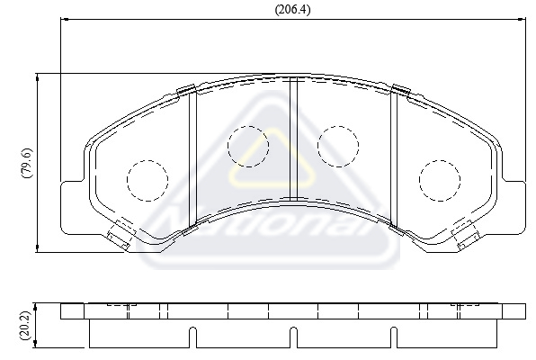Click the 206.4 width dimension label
[x=293, y=10]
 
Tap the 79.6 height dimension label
[x=27, y=163]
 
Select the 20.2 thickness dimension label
[x=26, y=326]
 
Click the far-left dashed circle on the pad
[x=147, y=180]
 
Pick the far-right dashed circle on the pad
[x=440, y=180]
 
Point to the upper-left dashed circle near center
[x=248, y=147]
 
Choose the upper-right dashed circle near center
[x=338, y=147]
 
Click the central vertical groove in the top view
[x=294, y=139]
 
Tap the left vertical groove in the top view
[x=193, y=158]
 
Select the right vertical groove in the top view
[x=394, y=158]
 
